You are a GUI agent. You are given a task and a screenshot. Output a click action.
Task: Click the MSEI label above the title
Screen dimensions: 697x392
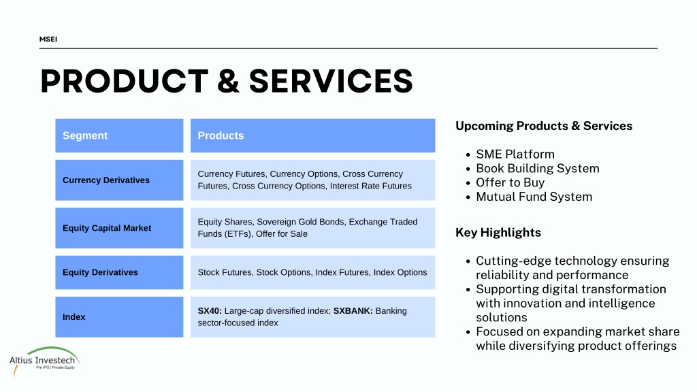pyautogui.click(x=48, y=39)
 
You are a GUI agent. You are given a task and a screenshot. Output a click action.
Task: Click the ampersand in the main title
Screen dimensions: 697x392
pyautogui.click(x=229, y=82)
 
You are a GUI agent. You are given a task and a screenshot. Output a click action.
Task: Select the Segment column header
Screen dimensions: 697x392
pyautogui.click(x=119, y=135)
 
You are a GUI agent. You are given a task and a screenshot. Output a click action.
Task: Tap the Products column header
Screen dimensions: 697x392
pyautogui.click(x=312, y=135)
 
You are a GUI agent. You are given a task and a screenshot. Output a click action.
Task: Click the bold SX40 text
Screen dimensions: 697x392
pyautogui.click(x=210, y=311)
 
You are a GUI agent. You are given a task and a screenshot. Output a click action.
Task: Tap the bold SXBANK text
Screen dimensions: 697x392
pyautogui.click(x=353, y=311)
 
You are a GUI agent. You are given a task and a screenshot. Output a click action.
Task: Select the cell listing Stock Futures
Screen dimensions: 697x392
pyautogui.click(x=312, y=272)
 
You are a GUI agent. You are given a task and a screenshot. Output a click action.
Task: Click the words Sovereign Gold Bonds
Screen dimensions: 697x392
pyautogui.click(x=300, y=222)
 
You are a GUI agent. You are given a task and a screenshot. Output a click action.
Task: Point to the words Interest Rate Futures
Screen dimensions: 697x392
pyautogui.click(x=371, y=186)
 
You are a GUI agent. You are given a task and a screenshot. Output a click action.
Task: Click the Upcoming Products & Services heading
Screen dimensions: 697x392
pyautogui.click(x=544, y=126)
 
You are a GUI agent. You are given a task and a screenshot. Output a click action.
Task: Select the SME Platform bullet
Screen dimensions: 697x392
pyautogui.click(x=515, y=154)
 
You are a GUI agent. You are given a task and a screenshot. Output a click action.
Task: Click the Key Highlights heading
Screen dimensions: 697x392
pyautogui.click(x=498, y=233)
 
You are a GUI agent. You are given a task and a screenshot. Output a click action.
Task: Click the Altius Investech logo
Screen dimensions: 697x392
pyautogui.click(x=44, y=361)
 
